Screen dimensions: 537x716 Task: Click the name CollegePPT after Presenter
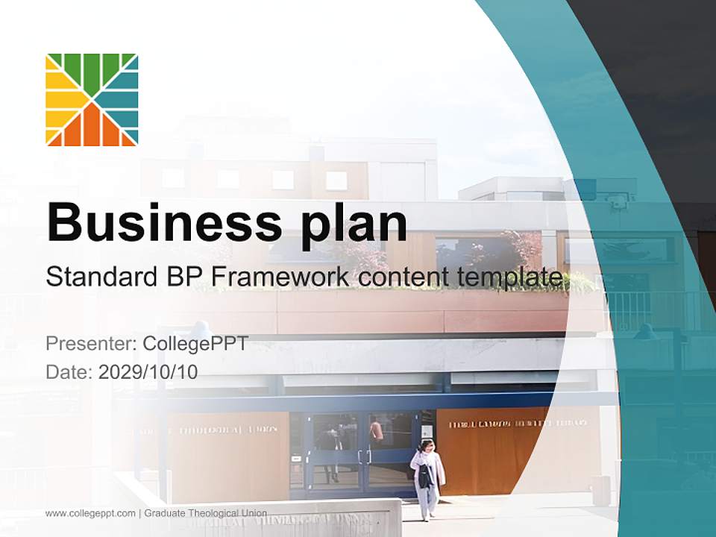point(195,344)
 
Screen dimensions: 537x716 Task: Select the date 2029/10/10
point(148,371)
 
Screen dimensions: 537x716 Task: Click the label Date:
point(69,371)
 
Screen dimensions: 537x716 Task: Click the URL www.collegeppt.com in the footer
point(90,513)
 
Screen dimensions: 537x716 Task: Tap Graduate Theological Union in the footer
point(206,513)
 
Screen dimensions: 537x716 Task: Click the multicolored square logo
point(92,99)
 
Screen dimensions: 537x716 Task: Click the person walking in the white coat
point(427,477)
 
